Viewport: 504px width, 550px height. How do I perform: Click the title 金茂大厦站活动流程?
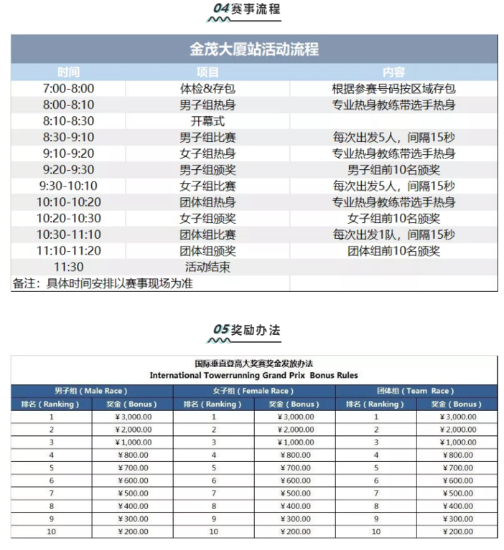254,49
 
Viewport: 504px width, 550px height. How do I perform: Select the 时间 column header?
69,72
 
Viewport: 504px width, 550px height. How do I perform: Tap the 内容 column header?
393,72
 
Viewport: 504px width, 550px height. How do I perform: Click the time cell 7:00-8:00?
69,89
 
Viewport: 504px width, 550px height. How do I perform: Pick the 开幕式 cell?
207,121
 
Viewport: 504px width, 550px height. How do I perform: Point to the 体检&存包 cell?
207,89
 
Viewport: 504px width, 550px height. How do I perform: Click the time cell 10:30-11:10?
69,234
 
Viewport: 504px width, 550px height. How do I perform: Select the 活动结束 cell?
207,267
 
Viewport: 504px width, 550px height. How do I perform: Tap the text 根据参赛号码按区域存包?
393,89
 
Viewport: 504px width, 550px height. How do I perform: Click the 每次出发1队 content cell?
393,234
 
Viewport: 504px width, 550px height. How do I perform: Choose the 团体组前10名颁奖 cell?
393,251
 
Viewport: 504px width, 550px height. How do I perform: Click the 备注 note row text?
103,283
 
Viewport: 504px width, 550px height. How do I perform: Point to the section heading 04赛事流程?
248,9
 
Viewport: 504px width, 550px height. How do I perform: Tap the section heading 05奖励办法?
248,330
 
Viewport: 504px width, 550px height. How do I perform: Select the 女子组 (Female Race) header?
254,391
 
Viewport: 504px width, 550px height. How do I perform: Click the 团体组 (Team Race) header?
416,391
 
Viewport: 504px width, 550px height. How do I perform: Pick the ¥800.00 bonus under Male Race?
132,455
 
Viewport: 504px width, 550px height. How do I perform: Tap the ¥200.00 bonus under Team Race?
456,531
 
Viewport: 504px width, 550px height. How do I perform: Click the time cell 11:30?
69,267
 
